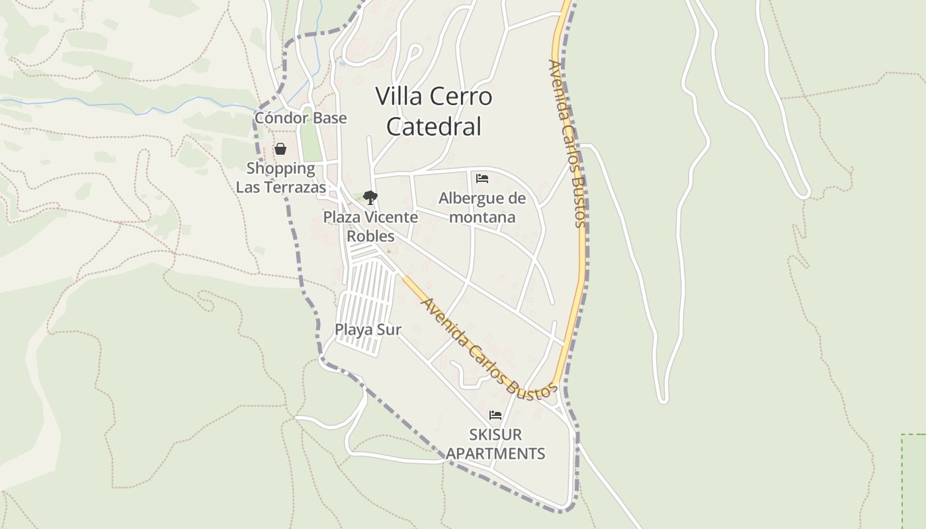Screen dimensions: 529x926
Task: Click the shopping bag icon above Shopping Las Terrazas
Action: tap(280, 149)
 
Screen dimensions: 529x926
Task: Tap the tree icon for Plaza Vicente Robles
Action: tap(370, 197)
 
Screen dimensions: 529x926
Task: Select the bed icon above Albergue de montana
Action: tap(482, 179)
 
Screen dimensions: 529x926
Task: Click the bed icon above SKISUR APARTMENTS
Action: tap(495, 415)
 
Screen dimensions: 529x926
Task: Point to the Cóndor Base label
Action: tap(300, 118)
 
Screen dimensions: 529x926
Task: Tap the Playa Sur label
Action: tap(368, 329)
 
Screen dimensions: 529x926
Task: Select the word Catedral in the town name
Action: tap(433, 126)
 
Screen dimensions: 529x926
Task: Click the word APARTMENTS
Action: tap(495, 454)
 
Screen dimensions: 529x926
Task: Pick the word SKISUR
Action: tap(495, 434)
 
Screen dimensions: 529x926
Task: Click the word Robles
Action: tap(370, 236)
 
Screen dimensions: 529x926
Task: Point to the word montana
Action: tap(482, 217)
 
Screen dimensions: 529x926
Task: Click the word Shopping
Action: tap(280, 168)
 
